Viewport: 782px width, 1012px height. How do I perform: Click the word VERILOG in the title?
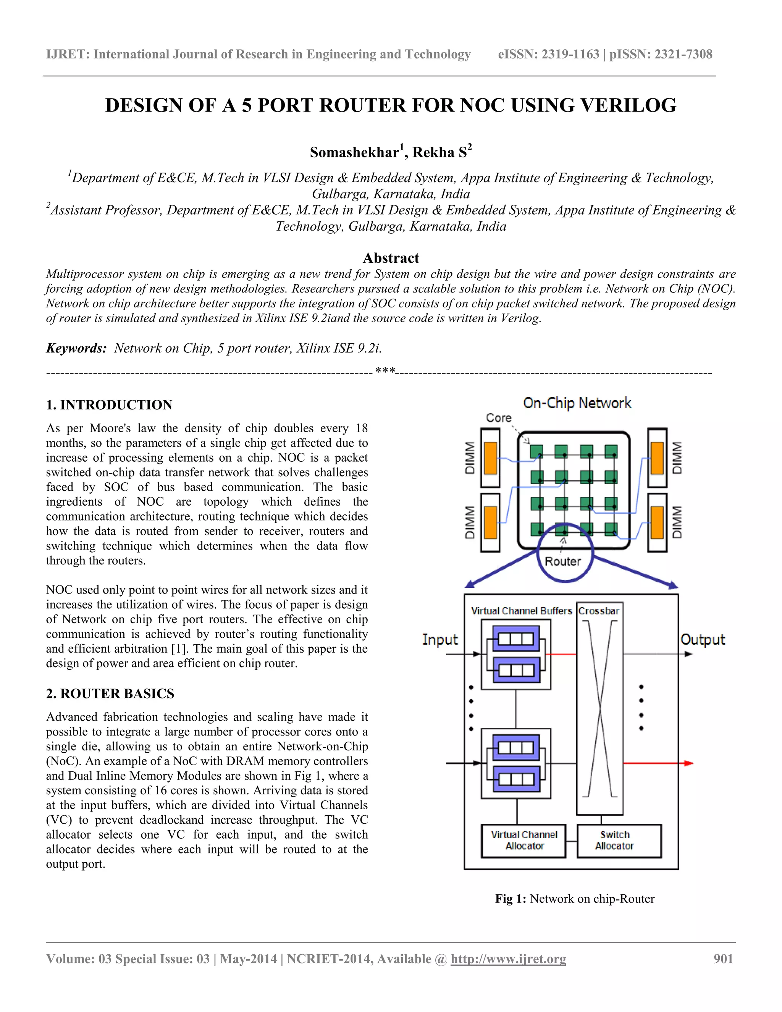coord(628,106)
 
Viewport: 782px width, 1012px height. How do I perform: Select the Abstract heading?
coord(391,258)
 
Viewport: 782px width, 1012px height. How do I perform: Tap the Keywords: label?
coord(76,348)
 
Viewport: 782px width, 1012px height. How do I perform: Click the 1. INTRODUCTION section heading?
coord(109,404)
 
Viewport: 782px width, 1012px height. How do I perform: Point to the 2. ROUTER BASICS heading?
coord(110,693)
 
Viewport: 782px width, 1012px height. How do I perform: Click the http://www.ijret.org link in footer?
coord(508,959)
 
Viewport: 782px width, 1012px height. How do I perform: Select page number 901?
coord(723,959)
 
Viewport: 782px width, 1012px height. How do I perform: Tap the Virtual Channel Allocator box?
coord(523,841)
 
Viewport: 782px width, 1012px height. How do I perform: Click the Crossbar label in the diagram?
coord(599,611)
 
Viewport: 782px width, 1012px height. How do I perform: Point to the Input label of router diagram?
coord(439,639)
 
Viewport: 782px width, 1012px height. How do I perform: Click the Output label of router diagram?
coord(702,639)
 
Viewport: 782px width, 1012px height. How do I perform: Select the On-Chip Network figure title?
coord(577,403)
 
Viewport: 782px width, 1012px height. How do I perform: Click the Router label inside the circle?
coord(562,561)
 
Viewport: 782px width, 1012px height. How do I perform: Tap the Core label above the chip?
coord(498,417)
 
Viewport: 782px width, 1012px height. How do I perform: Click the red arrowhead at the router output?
coord(689,763)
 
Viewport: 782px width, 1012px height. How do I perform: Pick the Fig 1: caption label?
coord(511,899)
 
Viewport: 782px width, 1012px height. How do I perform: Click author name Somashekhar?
coord(354,152)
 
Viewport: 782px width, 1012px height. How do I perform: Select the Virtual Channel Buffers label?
coord(522,611)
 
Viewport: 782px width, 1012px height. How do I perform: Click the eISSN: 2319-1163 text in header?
coord(549,54)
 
